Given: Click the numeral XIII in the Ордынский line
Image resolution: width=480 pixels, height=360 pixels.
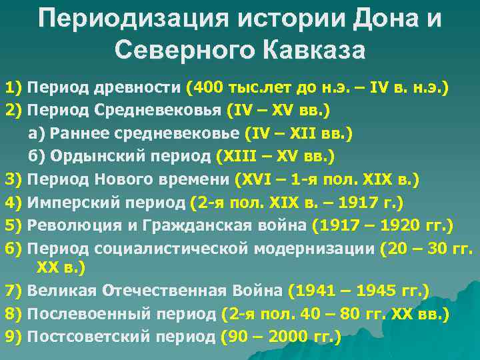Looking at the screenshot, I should [x=237, y=156].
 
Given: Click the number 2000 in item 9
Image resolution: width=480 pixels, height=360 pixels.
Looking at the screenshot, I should [x=285, y=337].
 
